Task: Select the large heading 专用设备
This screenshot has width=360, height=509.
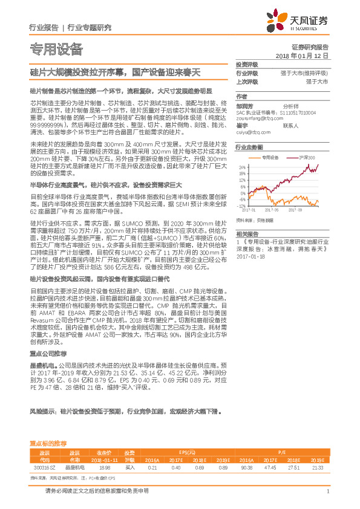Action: click(56, 48)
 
